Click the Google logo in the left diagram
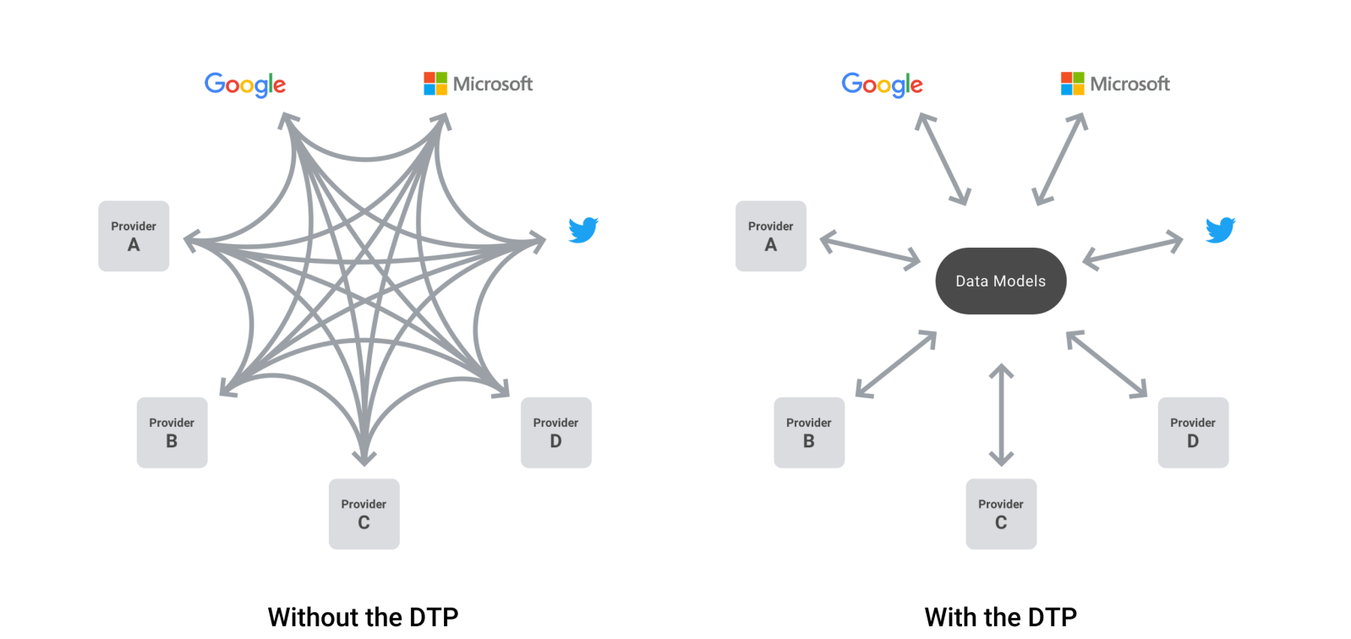pos(245,84)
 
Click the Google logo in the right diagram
pos(882,84)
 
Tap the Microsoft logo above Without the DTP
pos(479,84)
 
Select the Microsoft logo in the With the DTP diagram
pos(1115,84)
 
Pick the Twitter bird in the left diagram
pos(583,229)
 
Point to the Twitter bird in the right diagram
pos(1220,229)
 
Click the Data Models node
pos(1000,281)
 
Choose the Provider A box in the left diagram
pos(134,236)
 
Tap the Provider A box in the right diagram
pos(770,236)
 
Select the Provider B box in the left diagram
pos(172,432)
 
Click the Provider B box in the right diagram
pos(809,432)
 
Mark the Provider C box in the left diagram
pos(364,514)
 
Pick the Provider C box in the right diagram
pos(1001,514)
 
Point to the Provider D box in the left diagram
pos(555,432)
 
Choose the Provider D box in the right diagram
pos(1193,432)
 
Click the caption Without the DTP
pos(363,616)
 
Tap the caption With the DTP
pos(1000,616)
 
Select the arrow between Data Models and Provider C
pos(1001,414)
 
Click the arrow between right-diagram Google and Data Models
pos(943,159)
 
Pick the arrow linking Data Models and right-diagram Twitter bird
pos(1133,251)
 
